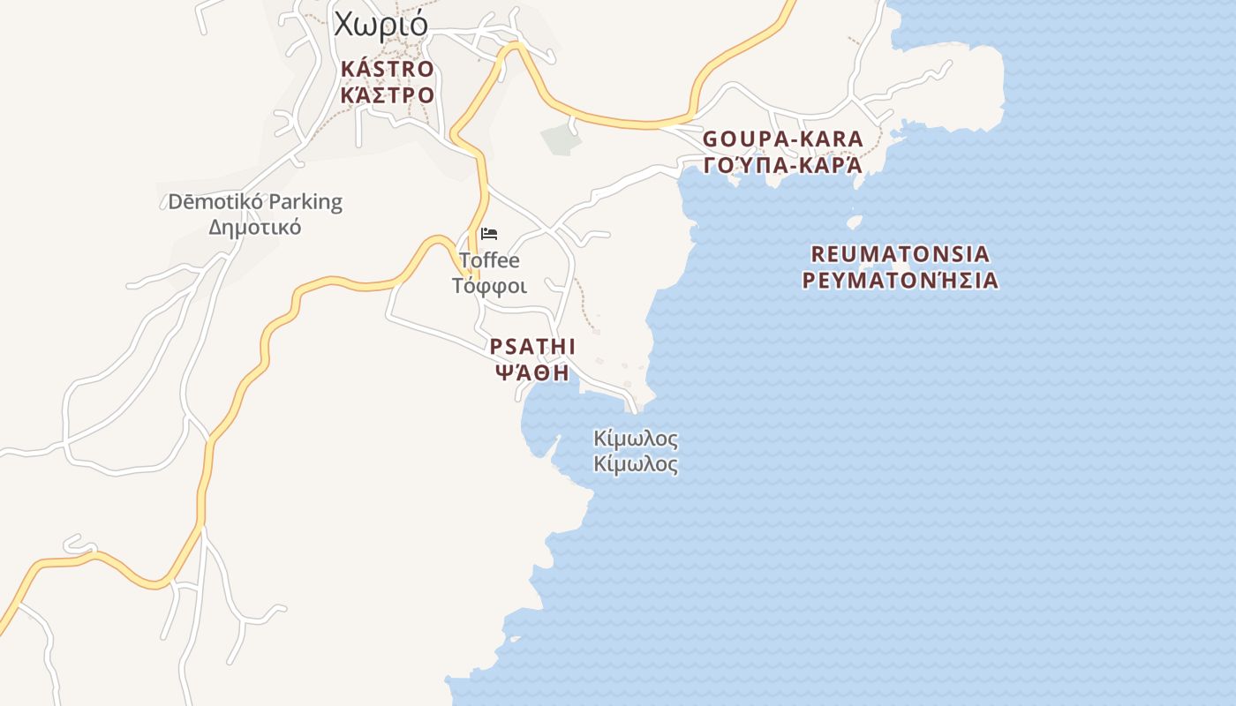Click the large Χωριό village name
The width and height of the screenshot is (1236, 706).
[381, 24]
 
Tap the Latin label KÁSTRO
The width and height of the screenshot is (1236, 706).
[387, 69]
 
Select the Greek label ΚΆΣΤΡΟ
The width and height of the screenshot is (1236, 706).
[387, 94]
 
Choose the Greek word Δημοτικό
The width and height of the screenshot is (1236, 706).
[254, 227]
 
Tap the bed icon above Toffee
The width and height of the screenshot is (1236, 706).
[489, 234]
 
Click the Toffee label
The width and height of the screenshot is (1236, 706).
[489, 260]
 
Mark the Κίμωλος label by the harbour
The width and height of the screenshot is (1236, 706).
[636, 439]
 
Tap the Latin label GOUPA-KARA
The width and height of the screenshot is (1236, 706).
[782, 139]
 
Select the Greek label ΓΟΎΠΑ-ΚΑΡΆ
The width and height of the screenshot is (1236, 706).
[782, 165]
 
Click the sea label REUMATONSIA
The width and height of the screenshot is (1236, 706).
[900, 254]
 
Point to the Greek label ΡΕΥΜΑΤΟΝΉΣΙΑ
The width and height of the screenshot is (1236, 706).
[900, 281]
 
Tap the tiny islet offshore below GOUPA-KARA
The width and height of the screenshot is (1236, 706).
[855, 222]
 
